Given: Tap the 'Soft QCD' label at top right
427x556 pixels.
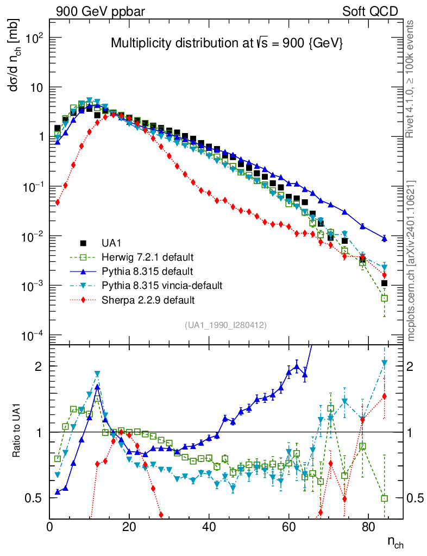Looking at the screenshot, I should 370,11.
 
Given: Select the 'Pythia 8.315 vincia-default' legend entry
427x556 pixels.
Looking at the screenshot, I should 158,285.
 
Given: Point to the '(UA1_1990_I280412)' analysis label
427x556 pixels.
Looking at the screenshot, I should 225,325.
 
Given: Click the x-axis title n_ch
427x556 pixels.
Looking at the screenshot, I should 395,542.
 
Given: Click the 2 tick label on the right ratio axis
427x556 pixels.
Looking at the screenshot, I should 411,367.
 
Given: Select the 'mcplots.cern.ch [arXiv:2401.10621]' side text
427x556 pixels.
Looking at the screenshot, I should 411,260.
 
